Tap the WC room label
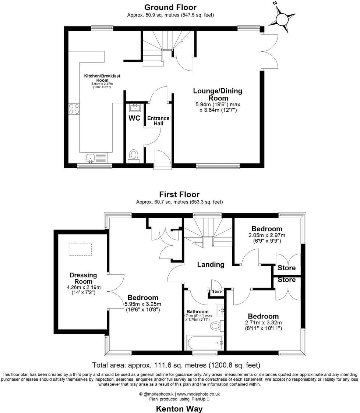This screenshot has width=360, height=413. pyautogui.click(x=134, y=118)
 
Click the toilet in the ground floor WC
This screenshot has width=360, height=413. pyautogui.click(x=133, y=156)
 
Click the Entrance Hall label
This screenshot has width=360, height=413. pyautogui.click(x=158, y=121)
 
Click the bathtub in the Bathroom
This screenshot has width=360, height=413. pyautogui.click(x=205, y=343)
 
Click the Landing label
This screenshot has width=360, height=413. pyautogui.click(x=211, y=264)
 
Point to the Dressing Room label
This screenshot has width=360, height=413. pyautogui.click(x=83, y=278)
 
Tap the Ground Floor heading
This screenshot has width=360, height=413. pyautogui.click(x=170, y=7)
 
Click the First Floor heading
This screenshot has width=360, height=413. pyautogui.click(x=179, y=194)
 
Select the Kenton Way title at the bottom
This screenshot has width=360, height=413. pyautogui.click(x=179, y=408)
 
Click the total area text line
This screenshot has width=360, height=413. pyautogui.click(x=176, y=365)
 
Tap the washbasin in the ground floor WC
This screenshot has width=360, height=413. pyautogui.click(x=135, y=107)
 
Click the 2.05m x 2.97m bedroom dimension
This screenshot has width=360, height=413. pyautogui.click(x=267, y=235)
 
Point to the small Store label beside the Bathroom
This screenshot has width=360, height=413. pyautogui.click(x=217, y=292)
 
